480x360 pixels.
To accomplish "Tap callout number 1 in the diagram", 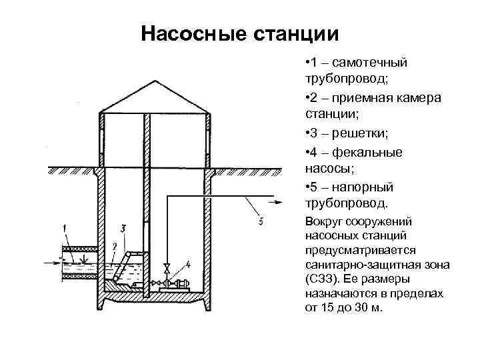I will pos(65,229).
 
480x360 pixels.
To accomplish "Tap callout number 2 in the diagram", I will pos(114,247).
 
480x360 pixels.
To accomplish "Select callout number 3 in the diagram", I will pos(125,229).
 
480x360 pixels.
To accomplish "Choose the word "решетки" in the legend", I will pos(357,133).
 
